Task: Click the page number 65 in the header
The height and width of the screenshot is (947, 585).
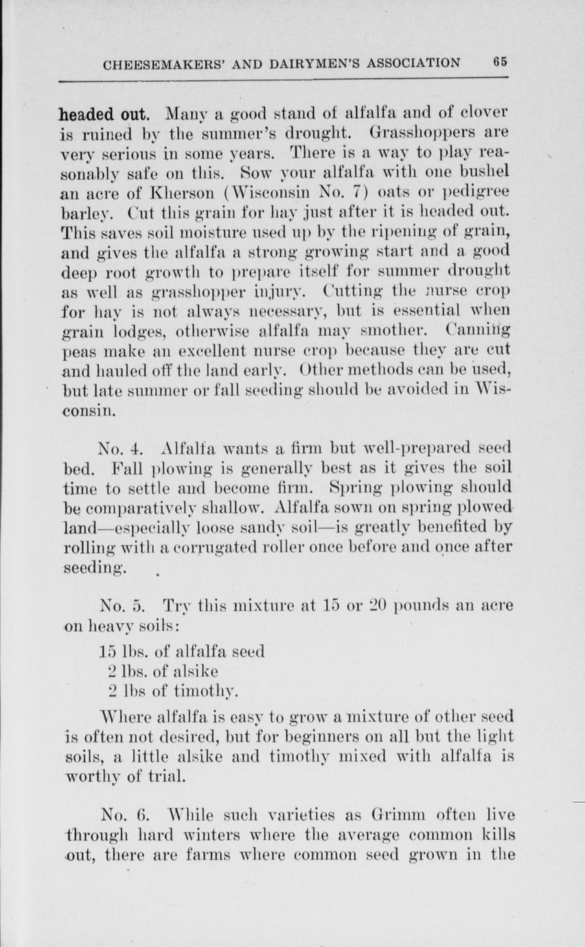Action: click(x=500, y=62)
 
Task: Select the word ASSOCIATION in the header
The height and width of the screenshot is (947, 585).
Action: click(x=408, y=63)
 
